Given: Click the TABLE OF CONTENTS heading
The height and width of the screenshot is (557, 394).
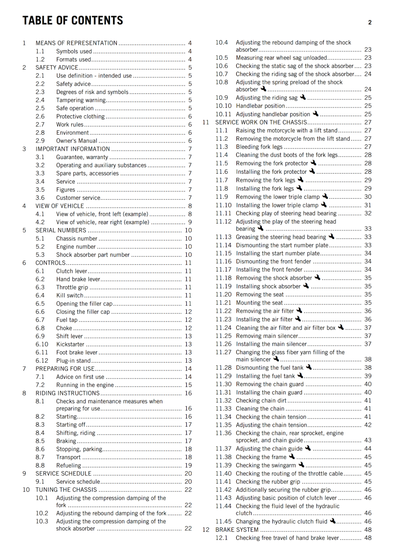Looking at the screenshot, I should click(x=73, y=21).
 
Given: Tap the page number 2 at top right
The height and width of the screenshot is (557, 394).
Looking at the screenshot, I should click(x=370, y=23).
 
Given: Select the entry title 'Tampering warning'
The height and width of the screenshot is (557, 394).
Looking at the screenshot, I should click(x=81, y=100).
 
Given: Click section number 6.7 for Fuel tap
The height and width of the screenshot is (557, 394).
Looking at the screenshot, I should click(x=40, y=320).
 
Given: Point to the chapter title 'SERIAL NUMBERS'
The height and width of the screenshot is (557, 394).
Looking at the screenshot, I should click(x=61, y=230).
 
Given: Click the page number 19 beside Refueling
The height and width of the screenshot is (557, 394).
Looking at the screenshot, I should click(x=188, y=465).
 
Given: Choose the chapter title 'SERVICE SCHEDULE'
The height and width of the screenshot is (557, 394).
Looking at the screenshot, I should click(x=63, y=473).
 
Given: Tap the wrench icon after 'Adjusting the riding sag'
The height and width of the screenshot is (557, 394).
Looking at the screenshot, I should click(x=303, y=97).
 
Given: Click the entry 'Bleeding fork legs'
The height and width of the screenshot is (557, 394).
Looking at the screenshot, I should click(x=259, y=147).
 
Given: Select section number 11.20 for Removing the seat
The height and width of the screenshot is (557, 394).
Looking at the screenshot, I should click(x=223, y=295).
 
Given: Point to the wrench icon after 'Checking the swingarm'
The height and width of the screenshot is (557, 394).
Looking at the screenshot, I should click(x=301, y=465).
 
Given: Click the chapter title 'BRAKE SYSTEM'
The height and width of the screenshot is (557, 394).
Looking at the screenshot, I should click(x=237, y=530).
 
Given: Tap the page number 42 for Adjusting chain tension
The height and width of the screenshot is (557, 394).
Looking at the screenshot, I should click(x=368, y=425).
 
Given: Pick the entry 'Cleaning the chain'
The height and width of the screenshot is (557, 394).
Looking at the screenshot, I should click(x=260, y=409).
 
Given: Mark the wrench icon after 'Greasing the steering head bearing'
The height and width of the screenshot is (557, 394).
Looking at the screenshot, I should click(x=331, y=237).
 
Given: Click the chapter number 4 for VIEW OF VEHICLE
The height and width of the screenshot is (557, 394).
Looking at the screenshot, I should click(x=24, y=206).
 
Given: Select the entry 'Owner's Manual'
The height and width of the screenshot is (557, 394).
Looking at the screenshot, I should click(x=77, y=141).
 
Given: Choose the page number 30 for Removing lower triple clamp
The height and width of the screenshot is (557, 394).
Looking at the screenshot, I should click(x=368, y=197).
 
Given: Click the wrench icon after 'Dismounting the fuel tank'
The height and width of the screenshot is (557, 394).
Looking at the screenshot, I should click(x=309, y=367).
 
